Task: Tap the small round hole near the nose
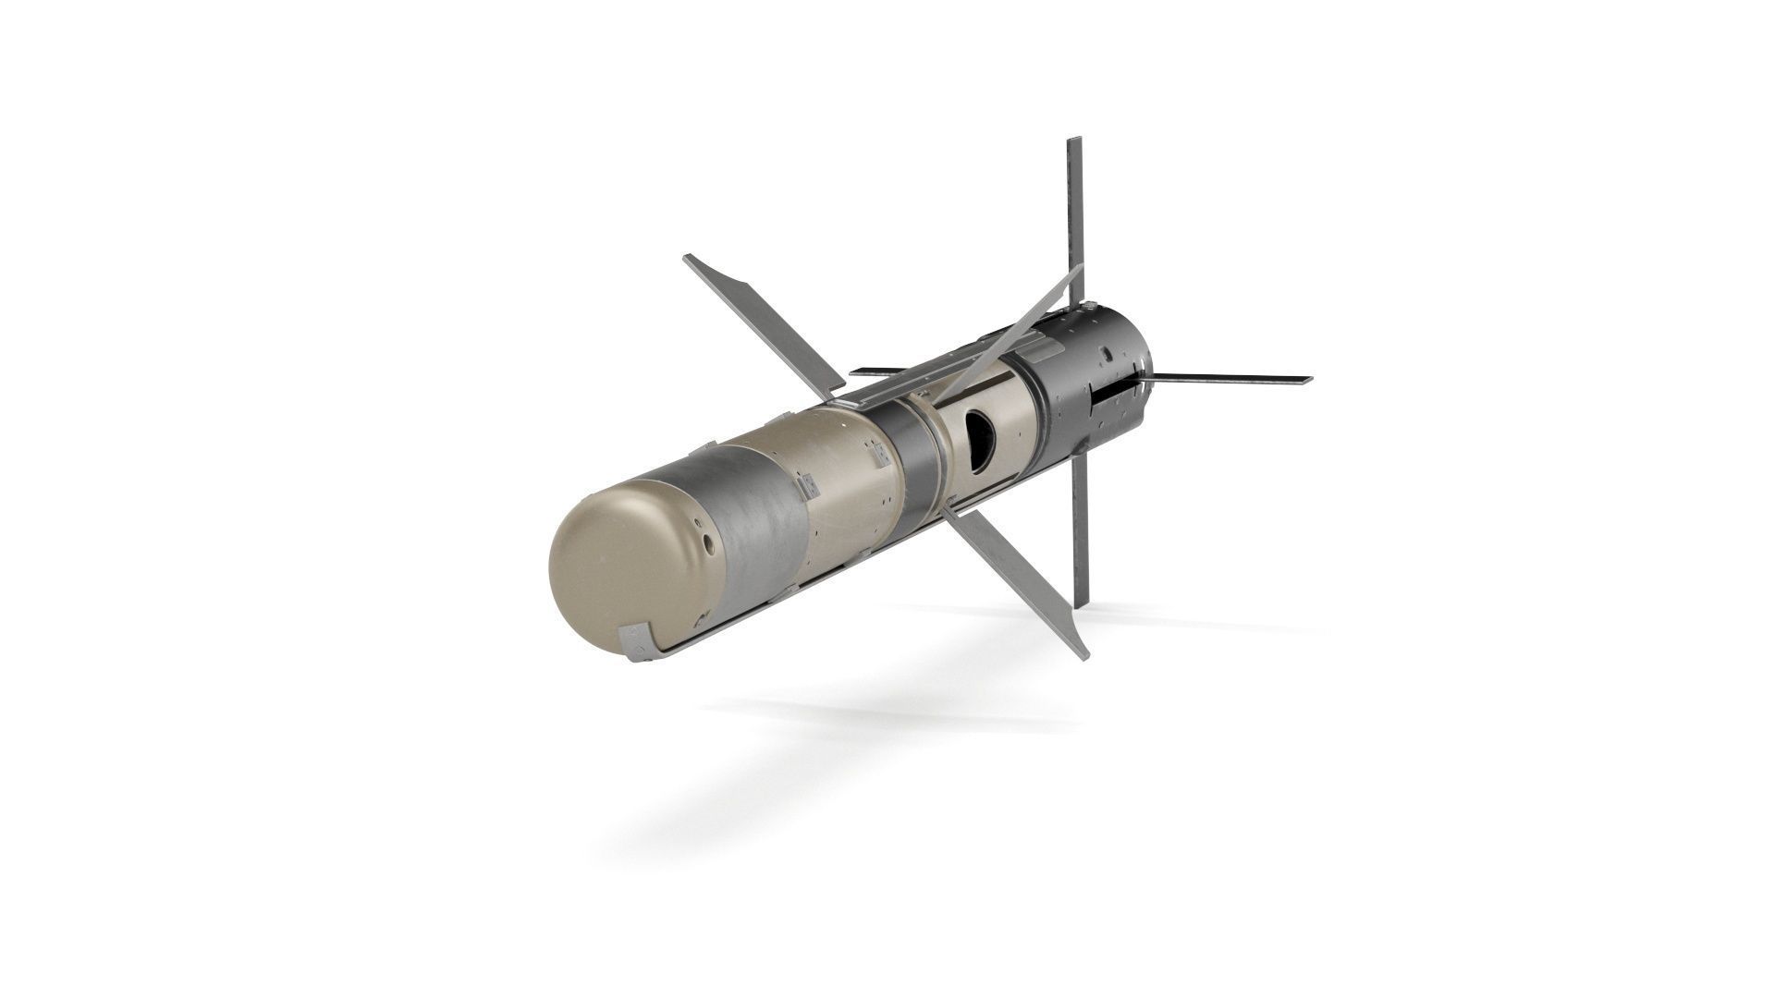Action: (707, 546)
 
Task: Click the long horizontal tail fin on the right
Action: (1230, 379)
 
